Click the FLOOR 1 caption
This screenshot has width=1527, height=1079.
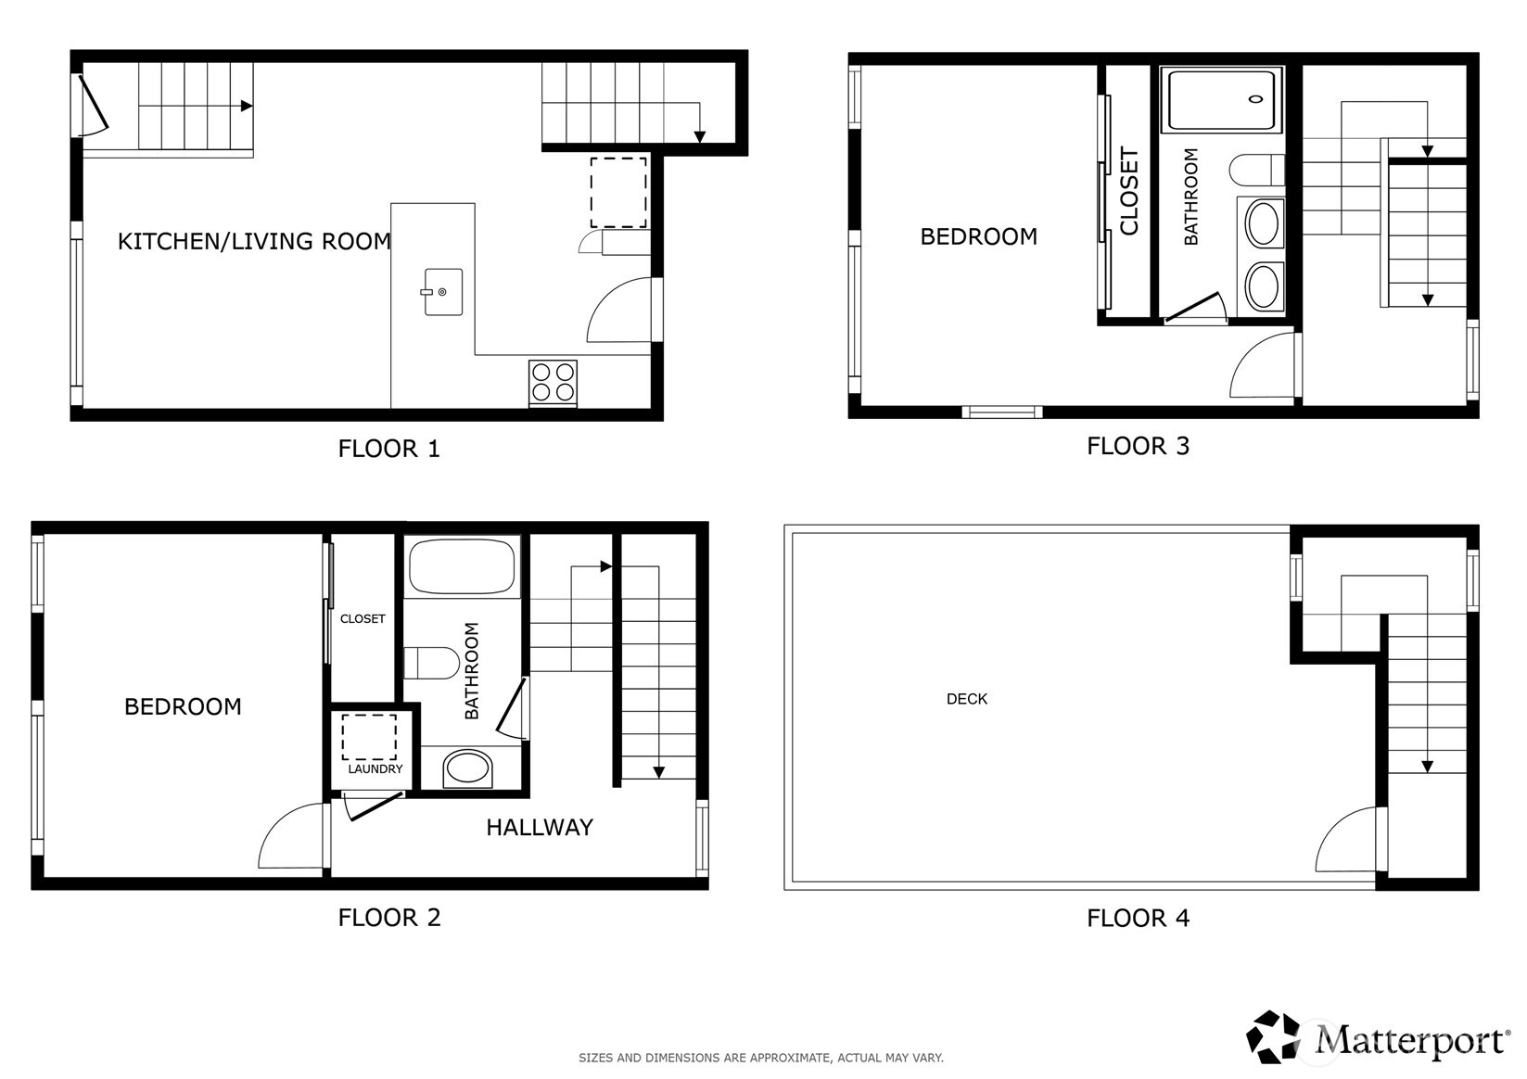pyautogui.click(x=389, y=449)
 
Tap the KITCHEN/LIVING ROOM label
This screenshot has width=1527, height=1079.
pyautogui.click(x=254, y=241)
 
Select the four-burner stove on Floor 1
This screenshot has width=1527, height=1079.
pyautogui.click(x=553, y=383)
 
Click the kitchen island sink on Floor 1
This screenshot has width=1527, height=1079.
pyautogui.click(x=442, y=292)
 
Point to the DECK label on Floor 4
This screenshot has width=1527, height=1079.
pyautogui.click(x=967, y=699)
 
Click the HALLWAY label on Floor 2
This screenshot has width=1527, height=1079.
pyautogui.click(x=540, y=828)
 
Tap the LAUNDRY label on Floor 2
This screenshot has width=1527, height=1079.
pyautogui.click(x=375, y=768)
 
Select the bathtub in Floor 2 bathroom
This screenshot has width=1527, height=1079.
pyautogui.click(x=462, y=565)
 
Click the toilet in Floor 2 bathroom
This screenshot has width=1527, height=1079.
pyautogui.click(x=431, y=663)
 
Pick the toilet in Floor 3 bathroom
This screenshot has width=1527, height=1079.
pyautogui.click(x=1256, y=170)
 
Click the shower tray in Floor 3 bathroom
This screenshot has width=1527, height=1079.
pyautogui.click(x=1221, y=100)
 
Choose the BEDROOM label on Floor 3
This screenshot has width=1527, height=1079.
pyautogui.click(x=979, y=236)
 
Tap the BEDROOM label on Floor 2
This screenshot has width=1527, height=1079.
pyautogui.click(x=183, y=707)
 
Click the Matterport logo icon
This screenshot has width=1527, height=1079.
pyautogui.click(x=1272, y=1037)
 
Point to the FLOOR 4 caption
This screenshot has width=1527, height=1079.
pyautogui.click(x=1138, y=918)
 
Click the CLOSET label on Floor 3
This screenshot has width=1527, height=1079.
pyautogui.click(x=1129, y=192)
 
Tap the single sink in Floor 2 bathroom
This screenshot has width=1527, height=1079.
pyautogui.click(x=467, y=768)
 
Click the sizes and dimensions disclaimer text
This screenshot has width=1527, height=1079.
pyautogui.click(x=761, y=1058)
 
